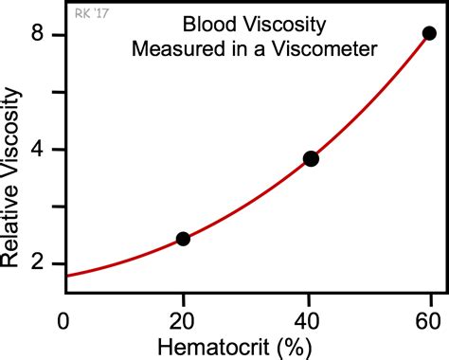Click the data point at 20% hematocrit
pos(183,239)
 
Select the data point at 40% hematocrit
pos(310,159)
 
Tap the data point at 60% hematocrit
pos(429,33)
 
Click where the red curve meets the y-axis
pos(65,276)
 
